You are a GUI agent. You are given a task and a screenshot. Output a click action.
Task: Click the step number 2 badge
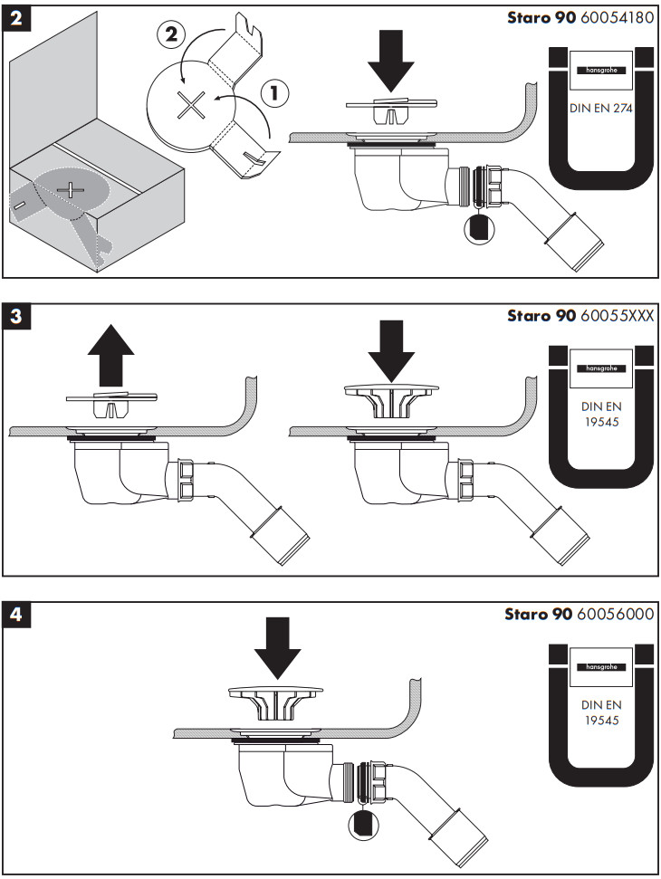(17, 19)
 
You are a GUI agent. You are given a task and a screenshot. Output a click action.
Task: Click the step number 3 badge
(17, 316)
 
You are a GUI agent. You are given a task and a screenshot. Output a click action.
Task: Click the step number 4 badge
(17, 615)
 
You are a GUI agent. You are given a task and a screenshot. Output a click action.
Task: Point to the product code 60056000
(616, 614)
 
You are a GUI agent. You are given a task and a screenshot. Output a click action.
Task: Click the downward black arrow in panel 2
(391, 62)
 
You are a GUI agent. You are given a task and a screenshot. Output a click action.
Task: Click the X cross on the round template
(191, 106)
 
